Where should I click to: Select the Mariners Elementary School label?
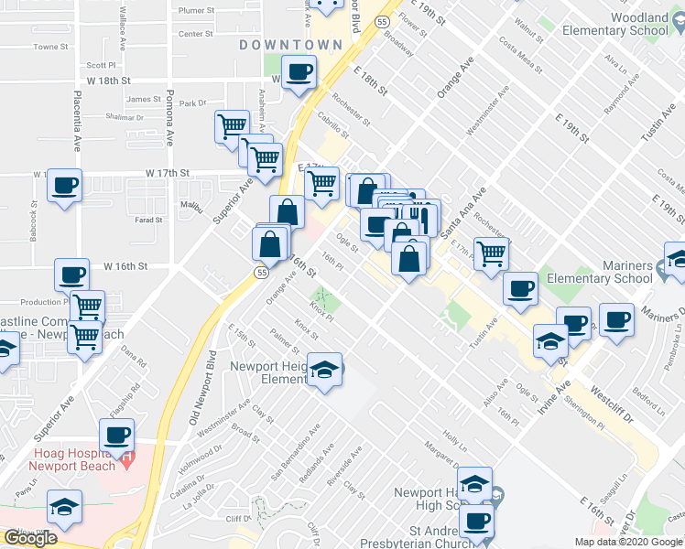614,272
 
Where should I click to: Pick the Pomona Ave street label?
170,118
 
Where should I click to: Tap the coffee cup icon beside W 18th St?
299,72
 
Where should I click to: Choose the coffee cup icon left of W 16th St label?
71,274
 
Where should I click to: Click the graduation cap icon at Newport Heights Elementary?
325,370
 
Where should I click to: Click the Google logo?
30,537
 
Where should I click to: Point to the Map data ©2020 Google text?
628,542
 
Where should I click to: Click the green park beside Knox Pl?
322,297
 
